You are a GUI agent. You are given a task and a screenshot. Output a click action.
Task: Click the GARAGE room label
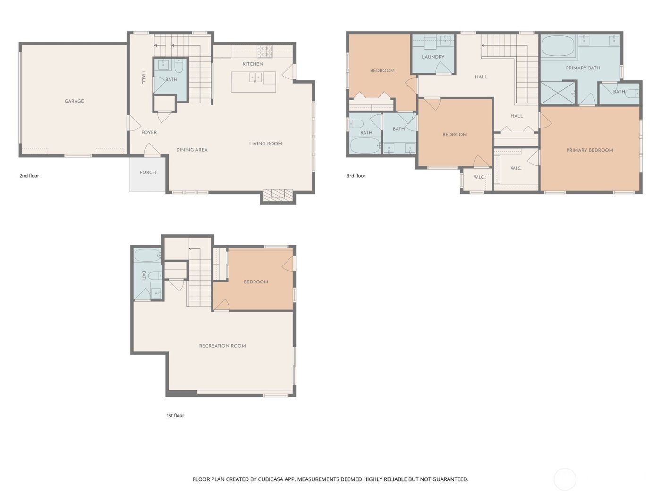74,101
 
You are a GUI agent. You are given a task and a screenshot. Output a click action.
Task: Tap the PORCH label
147,172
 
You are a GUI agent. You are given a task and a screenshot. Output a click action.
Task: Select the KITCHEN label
253,64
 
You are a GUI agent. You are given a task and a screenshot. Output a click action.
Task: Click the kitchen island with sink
254,82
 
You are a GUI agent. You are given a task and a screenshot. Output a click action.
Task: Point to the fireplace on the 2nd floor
278,196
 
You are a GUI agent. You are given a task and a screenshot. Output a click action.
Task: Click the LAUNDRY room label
433,57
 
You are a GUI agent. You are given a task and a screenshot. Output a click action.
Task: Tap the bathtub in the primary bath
558,47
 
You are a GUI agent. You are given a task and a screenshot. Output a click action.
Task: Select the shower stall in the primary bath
558,93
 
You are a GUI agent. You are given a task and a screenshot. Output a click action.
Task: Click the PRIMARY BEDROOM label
590,150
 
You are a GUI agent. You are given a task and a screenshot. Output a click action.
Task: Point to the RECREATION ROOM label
222,346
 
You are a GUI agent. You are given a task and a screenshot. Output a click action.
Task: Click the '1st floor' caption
175,416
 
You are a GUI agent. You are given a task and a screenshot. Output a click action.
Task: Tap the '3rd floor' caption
356,176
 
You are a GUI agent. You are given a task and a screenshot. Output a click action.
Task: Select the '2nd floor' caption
29,176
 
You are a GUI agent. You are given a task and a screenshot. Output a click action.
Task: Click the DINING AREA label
192,150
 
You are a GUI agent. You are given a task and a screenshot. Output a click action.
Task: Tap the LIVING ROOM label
265,144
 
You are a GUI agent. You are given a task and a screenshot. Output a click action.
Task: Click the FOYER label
149,133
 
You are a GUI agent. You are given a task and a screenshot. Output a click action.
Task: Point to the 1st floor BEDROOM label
255,282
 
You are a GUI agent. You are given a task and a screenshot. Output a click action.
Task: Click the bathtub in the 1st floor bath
147,256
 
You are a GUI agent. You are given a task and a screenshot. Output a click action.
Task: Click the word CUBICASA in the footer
271,479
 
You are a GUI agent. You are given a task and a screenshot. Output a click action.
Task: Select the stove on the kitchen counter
265,50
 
